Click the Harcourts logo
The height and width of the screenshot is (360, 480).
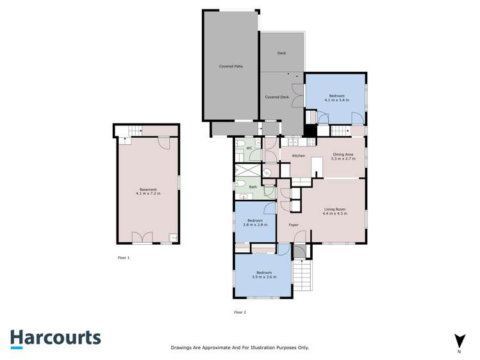pos(55,338)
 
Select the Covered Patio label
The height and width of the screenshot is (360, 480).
pos(231,67)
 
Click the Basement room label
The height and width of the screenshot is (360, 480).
pos(148,190)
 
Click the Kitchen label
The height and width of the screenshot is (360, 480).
pos(299,156)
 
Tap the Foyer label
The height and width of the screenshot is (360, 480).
pos(294,225)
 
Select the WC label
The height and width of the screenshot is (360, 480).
pos(249,148)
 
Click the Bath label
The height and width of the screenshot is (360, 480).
pos(253,187)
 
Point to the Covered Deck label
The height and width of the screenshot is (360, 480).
pos(277,97)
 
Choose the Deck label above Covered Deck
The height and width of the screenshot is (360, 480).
pos(281,53)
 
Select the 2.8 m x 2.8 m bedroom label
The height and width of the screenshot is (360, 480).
pos(255,222)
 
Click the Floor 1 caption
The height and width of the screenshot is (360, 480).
pos(124,258)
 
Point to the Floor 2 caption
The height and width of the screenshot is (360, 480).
pos(240,312)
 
